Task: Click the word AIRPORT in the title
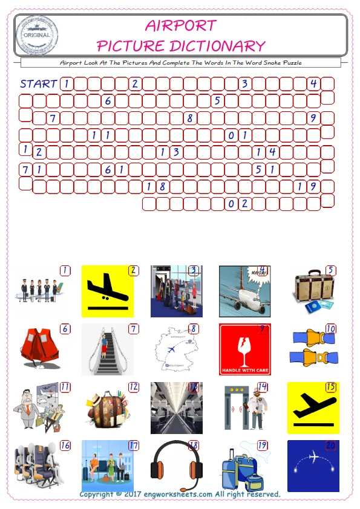point(181,25)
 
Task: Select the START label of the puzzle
point(38,83)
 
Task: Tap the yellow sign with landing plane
point(108,291)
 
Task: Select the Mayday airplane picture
point(244,291)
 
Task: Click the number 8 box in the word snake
point(190,118)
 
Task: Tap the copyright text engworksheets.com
point(180,494)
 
